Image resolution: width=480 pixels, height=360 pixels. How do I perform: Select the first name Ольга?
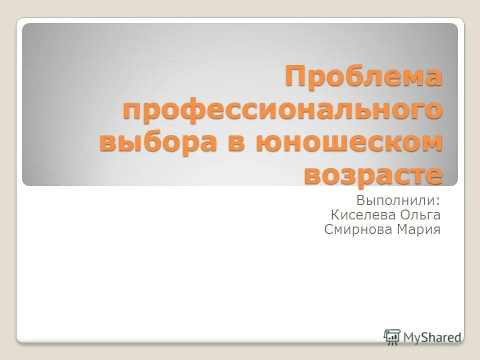tap(420, 215)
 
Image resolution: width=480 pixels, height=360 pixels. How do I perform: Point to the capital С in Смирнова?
tap(328, 230)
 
